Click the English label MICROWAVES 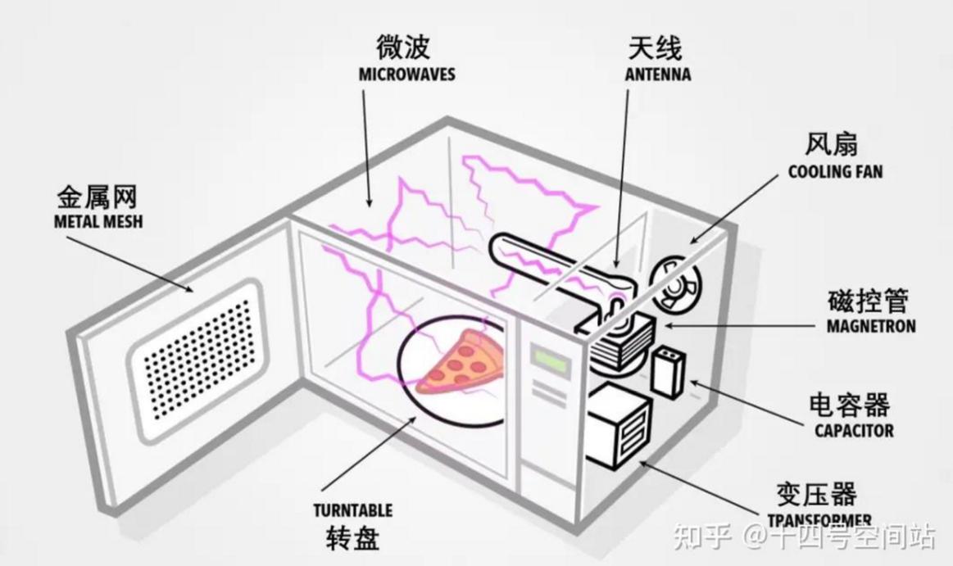[x=406, y=75]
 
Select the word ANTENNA [x=658, y=74]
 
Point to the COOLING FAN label [x=835, y=172]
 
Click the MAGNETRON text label [x=871, y=326]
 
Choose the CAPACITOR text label [x=854, y=431]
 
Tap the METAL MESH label [x=98, y=222]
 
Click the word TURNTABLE [x=353, y=511]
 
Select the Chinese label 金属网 [x=98, y=197]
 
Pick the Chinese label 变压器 [x=816, y=494]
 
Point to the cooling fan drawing [x=674, y=285]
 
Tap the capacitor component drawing [x=667, y=373]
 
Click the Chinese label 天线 [x=655, y=48]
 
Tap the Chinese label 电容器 [x=849, y=405]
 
